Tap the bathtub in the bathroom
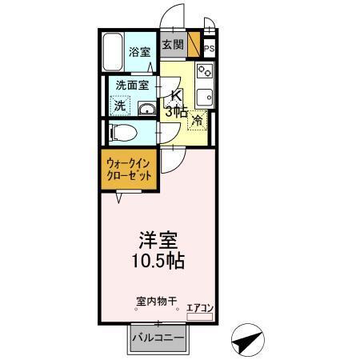114,52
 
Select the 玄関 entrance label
173,45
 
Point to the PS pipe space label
209,49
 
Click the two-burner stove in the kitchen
203,70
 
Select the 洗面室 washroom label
132,85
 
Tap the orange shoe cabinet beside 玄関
193,45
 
